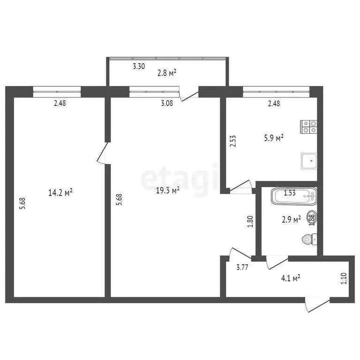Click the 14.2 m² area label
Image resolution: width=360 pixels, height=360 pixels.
click(60, 192)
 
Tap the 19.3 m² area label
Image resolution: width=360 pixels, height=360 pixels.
click(169, 190)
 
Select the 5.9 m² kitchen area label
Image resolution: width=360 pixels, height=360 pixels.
click(274, 138)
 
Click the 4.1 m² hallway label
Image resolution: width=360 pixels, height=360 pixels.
click(290, 278)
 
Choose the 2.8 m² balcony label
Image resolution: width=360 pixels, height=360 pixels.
click(166, 73)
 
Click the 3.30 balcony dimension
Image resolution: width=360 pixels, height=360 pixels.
click(138, 67)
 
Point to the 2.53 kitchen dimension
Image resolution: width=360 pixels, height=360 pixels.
click(233, 142)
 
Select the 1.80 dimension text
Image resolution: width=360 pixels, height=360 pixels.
click(250, 221)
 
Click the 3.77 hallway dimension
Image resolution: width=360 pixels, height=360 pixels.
click(242, 267)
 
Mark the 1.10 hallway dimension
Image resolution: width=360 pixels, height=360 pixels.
click(344, 279)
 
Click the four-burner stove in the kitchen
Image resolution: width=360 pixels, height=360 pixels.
click(309, 125)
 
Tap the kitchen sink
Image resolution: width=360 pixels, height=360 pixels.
click(309, 161)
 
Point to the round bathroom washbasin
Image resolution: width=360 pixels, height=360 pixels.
click(311, 217)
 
